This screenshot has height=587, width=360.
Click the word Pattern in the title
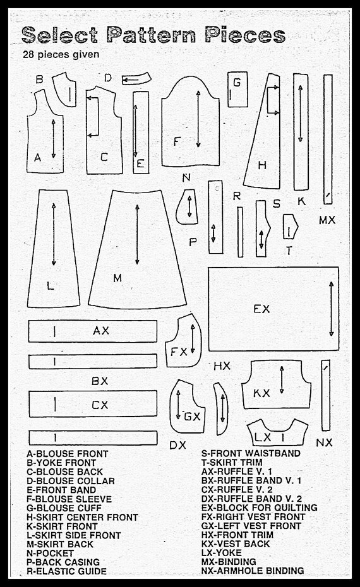point(152,35)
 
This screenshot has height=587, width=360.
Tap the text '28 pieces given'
point(61,55)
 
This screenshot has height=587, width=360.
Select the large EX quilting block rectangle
point(273,309)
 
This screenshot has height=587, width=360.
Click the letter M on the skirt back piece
point(117,278)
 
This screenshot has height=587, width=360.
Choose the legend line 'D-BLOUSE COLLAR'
point(71,481)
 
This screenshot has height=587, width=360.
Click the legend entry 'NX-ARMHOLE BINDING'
point(253,571)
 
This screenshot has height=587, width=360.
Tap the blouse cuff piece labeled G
point(237,90)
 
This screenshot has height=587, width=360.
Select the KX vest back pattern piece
point(276,384)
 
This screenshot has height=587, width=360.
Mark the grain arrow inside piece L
point(54,234)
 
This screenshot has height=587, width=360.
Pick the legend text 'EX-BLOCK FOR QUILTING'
point(259,507)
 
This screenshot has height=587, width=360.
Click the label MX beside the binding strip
point(327,220)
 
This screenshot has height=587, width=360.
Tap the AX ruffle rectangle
point(93,331)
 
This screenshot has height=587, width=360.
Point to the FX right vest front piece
point(183,341)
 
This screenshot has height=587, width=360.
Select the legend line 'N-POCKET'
point(50,553)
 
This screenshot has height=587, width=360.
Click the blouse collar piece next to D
point(136,79)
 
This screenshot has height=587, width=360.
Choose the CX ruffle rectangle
point(93,404)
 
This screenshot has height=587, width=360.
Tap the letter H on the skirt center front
point(262,165)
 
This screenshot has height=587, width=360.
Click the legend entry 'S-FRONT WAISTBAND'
point(251,453)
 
